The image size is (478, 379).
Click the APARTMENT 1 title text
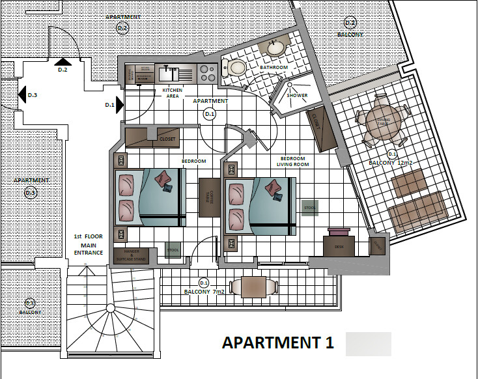278,343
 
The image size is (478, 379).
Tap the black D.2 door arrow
63,61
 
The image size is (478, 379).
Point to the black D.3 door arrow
22,95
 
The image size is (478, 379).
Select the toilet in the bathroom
236,67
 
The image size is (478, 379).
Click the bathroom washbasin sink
276,48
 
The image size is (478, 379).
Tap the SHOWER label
297,96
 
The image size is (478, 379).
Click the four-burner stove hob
207,72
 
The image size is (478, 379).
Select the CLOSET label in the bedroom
168,139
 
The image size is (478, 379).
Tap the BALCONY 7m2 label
204,292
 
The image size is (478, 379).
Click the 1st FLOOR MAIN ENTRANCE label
87,244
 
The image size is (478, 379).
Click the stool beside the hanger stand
173,250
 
